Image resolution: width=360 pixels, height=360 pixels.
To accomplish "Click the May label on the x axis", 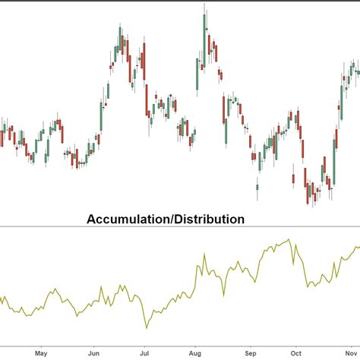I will [x=41, y=352].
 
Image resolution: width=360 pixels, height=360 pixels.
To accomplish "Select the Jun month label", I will [x=93, y=352].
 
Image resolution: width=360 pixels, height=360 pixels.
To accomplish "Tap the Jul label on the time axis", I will [x=144, y=352].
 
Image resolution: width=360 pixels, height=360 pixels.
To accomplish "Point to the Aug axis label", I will [x=196, y=352].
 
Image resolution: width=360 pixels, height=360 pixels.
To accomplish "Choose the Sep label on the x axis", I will [x=251, y=352].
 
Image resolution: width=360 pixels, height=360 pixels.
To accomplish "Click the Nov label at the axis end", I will [x=351, y=352].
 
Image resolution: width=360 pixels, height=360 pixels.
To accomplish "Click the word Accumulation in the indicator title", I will [x=128, y=219].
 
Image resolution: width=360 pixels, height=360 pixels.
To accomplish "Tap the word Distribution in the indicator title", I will [x=210, y=219].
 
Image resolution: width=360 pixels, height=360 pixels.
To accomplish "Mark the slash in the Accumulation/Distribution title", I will [x=172, y=219].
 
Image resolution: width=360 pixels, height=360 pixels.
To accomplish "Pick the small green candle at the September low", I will [x=257, y=187].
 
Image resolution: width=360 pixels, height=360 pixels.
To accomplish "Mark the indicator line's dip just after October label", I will [x=308, y=286].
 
